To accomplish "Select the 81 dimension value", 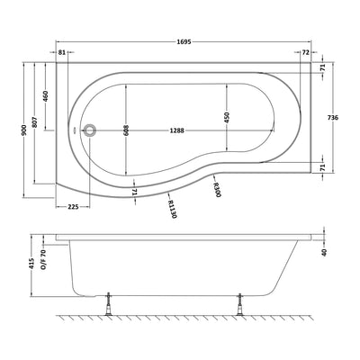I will click(62, 53).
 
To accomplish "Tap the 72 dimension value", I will click(306, 53).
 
